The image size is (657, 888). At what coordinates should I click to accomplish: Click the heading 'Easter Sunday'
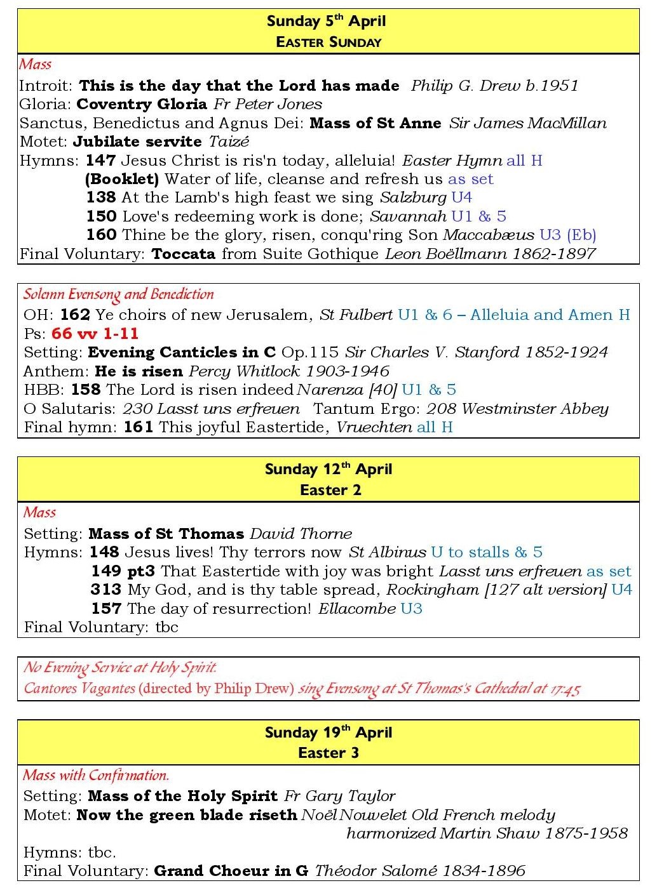(328, 43)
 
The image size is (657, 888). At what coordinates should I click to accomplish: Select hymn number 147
(100, 161)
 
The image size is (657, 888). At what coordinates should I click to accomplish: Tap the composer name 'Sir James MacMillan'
(527, 123)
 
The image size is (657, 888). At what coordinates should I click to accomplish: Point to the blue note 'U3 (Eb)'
(567, 235)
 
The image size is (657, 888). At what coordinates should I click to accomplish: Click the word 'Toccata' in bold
(184, 254)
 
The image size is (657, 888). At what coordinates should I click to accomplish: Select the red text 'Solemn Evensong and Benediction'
(119, 295)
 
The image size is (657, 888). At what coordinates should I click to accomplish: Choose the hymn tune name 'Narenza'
(322, 389)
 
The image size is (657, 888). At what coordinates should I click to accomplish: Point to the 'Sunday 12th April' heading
(328, 470)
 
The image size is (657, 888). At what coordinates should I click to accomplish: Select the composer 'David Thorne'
(301, 534)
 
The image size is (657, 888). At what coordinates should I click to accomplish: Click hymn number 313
(105, 590)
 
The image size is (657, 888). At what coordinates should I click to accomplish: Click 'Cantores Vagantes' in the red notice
(79, 688)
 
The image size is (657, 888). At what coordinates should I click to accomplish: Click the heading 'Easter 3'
(328, 753)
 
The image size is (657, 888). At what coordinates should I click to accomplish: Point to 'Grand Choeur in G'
(231, 870)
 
